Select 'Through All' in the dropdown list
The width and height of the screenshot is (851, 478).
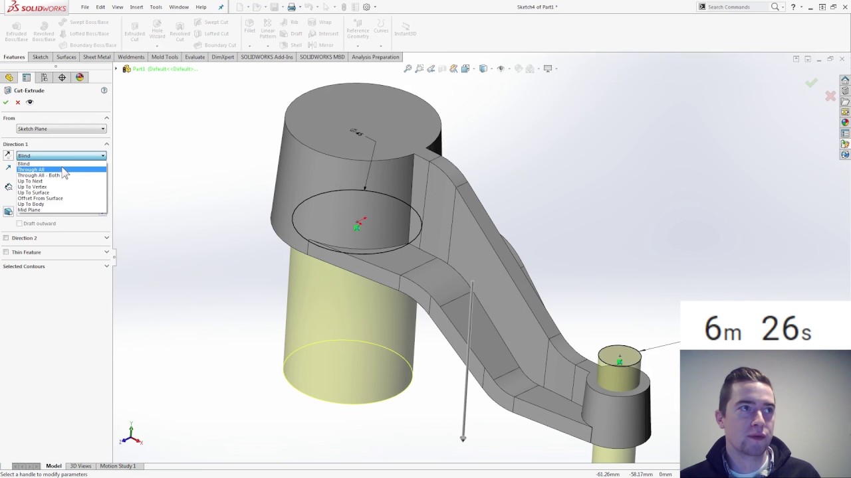(x=31, y=169)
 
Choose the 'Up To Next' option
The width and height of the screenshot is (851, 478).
(x=30, y=181)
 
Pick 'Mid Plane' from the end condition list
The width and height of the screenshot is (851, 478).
(x=29, y=210)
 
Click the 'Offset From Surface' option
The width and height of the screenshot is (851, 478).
(x=40, y=199)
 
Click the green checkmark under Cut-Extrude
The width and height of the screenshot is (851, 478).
(x=6, y=102)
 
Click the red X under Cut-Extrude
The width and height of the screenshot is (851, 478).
(x=18, y=102)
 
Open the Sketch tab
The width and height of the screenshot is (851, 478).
(x=41, y=57)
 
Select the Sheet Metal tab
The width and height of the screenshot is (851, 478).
(x=96, y=57)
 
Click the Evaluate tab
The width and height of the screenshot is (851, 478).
(x=195, y=57)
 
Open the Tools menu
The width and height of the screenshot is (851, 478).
(x=156, y=7)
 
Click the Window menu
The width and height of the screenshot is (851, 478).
(x=179, y=7)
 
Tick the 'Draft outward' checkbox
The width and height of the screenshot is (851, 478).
(x=19, y=224)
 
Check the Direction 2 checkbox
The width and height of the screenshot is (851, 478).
(x=6, y=238)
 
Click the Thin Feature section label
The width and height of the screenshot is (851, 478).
(x=26, y=252)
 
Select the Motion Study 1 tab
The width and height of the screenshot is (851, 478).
(x=118, y=466)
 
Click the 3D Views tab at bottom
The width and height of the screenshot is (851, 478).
(x=80, y=466)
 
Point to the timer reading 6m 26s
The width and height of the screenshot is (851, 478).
(x=757, y=329)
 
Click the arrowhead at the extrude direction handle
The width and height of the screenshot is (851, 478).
(x=463, y=438)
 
